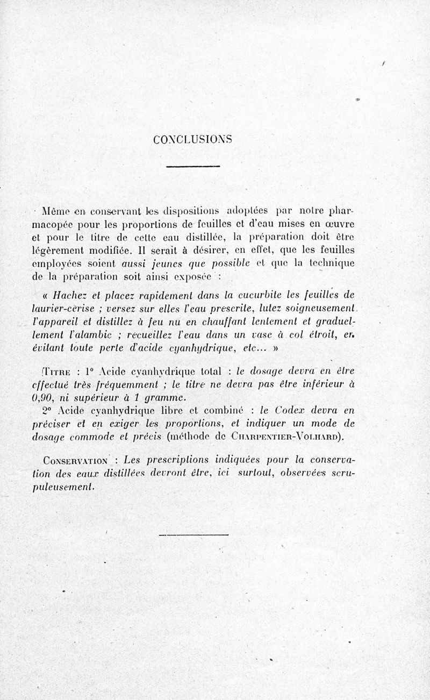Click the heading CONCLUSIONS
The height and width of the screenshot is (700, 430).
pos(192,139)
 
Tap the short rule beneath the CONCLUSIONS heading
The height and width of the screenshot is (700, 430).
pos(193,167)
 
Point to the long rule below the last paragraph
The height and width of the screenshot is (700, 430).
pos(194,534)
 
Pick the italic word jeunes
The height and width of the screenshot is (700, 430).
pos(166,263)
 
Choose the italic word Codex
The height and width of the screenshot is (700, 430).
pos(290,411)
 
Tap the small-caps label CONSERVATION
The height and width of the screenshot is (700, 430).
pos(75,461)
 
